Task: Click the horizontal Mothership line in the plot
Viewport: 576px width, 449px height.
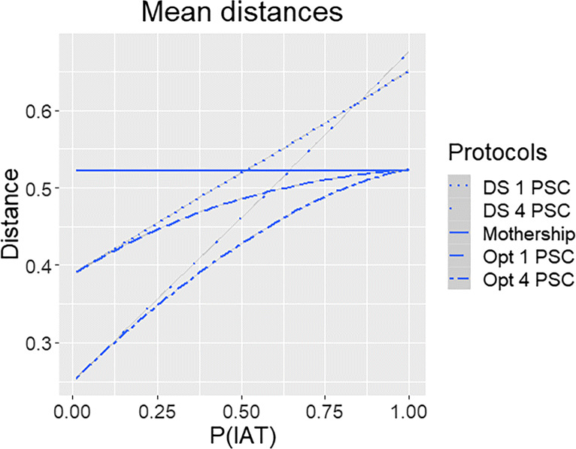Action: point(188,170)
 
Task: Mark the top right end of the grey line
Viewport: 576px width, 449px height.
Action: point(408,53)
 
